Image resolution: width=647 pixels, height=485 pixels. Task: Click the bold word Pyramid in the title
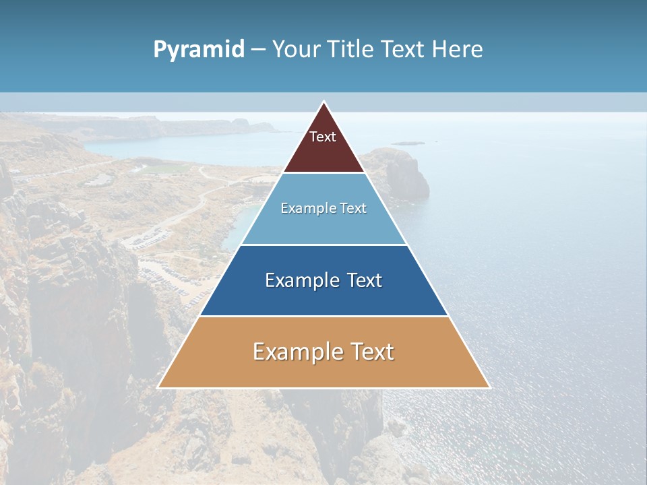pyautogui.click(x=199, y=50)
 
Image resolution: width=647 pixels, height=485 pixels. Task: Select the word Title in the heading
pyautogui.click(x=350, y=50)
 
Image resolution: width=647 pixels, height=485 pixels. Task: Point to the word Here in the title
pyautogui.click(x=457, y=50)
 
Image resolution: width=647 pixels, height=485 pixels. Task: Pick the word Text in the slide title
pyautogui.click(x=403, y=50)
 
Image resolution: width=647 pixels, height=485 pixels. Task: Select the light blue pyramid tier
pyautogui.click(x=323, y=226)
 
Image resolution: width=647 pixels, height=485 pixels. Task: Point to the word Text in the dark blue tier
pyautogui.click(x=363, y=280)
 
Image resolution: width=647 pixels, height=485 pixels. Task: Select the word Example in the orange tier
pyautogui.click(x=297, y=352)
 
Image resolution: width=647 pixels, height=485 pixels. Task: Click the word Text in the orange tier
pyautogui.click(x=371, y=352)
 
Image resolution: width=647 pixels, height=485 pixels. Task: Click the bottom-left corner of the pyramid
pyautogui.click(x=158, y=387)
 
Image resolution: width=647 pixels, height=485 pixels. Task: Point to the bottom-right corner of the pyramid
pyautogui.click(x=489, y=387)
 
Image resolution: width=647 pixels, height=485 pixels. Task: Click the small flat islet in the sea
pyautogui.click(x=408, y=143)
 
